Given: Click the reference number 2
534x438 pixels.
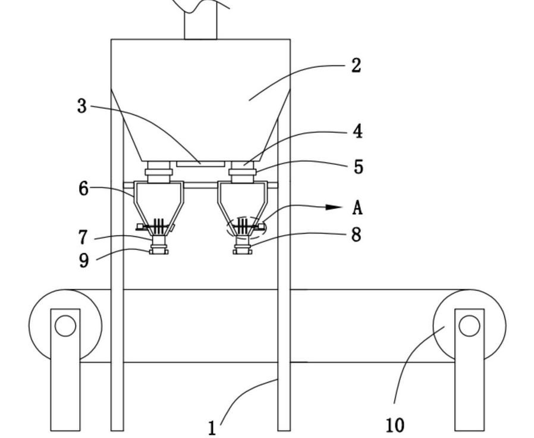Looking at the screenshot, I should [x=356, y=65].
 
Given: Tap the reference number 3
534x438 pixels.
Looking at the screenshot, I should [x=82, y=106].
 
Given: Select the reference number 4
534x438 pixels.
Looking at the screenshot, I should [x=357, y=131].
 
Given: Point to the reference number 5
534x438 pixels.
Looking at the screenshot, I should [x=358, y=167].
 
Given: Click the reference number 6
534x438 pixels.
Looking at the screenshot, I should [x=84, y=189].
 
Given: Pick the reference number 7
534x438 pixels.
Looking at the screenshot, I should [x=83, y=237].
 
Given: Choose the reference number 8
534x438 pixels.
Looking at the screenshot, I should [x=356, y=234].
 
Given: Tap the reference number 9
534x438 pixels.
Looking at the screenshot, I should [x=83, y=260].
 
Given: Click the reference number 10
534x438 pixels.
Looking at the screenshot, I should [x=395, y=425].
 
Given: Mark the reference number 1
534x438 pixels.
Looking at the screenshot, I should [x=212, y=428].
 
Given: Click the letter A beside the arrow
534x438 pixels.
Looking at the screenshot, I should [x=357, y=208].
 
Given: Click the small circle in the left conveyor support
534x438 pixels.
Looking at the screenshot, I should [x=65, y=326].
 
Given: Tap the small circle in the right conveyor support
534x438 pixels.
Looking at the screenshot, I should [x=469, y=326].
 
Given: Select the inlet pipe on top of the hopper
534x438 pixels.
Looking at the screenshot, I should [x=200, y=24].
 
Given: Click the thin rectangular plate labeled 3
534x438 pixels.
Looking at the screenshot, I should [x=200, y=162].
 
